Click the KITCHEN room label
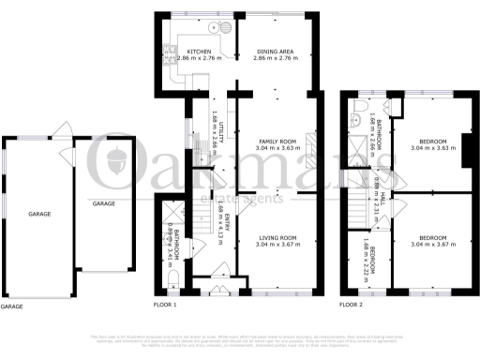point(198,51)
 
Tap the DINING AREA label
point(275,51)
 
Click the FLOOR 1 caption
point(164,305)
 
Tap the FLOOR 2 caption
point(351,305)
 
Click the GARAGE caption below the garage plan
point(11,306)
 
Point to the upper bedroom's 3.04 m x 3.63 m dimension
point(433,147)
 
